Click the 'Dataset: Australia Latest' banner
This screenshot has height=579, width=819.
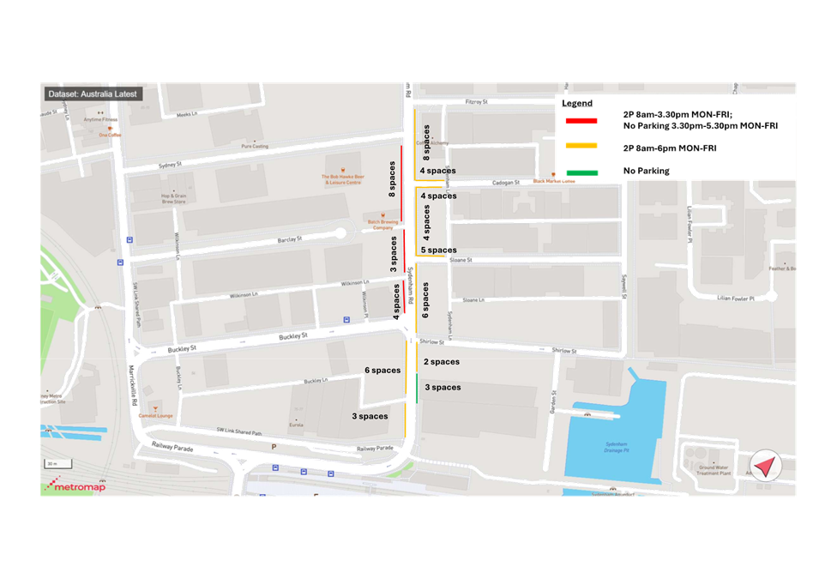(91, 94)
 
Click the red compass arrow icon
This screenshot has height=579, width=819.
(765, 467)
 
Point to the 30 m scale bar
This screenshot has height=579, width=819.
(53, 464)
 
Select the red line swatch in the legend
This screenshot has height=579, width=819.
(581, 120)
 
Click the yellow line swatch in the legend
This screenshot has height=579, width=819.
(581, 146)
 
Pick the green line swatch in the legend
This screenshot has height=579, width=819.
(581, 172)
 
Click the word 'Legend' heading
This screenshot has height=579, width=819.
(576, 103)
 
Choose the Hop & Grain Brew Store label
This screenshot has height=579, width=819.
(173, 198)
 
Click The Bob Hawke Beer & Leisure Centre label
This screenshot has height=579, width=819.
(341, 179)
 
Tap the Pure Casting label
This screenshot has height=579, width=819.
(254, 147)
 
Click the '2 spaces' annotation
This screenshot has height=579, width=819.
(441, 362)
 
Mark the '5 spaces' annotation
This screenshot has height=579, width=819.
(437, 250)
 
